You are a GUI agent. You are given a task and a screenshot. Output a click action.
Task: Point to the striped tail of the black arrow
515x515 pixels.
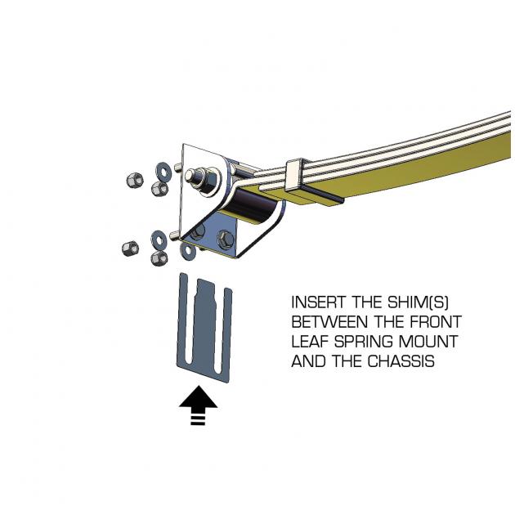(198, 417)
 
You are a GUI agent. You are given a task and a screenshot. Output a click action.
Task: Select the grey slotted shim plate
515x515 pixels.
(204, 327)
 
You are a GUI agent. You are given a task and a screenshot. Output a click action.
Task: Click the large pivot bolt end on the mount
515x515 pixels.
(199, 176)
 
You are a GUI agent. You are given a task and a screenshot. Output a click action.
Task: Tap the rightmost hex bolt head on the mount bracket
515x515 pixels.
(227, 239)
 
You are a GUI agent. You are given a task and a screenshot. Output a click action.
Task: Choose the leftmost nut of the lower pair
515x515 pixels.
(130, 248)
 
